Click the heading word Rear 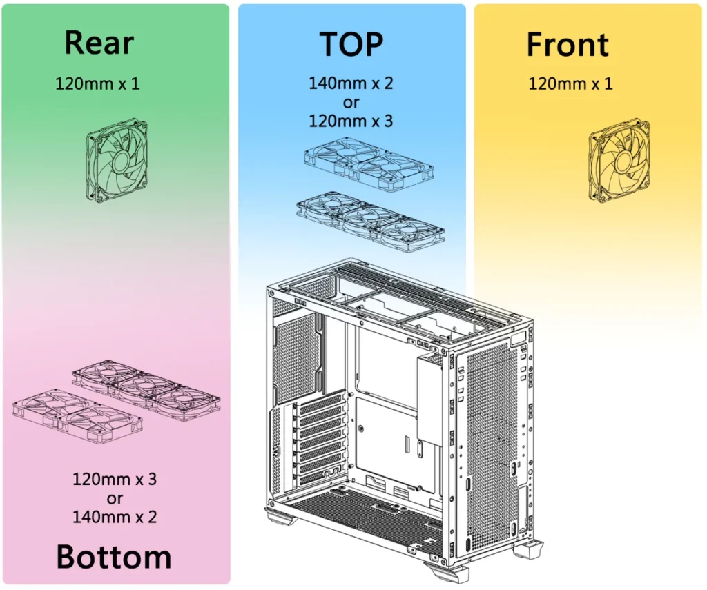99,43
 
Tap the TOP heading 351,44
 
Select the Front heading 568,44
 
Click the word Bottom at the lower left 114,557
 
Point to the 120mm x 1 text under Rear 97,83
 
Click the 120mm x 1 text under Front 570,83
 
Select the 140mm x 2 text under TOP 351,83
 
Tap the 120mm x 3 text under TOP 351,121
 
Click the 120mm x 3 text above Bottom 115,479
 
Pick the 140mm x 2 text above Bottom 115,517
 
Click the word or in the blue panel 351,103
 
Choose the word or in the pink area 115,499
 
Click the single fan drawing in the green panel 117,160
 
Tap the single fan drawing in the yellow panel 619,160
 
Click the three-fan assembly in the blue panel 371,222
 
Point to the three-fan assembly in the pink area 146,391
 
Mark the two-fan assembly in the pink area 77,417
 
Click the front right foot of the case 527,549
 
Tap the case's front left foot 447,573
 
